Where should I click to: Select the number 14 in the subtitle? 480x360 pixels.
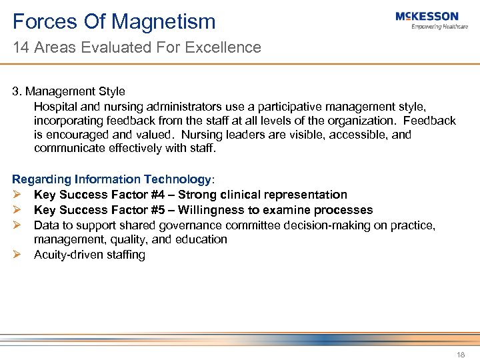20,47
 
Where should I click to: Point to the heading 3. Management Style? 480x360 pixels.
69,91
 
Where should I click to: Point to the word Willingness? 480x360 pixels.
221,210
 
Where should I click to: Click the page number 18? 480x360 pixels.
460,354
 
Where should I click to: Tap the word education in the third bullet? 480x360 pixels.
203,239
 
